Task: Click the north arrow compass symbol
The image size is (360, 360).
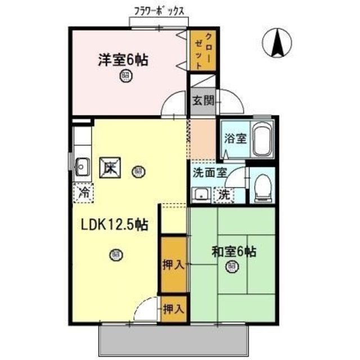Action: (x=277, y=42)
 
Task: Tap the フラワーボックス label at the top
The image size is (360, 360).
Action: (x=160, y=11)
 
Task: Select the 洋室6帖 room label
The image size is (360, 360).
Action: (x=124, y=60)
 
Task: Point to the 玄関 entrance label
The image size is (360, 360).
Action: (x=202, y=101)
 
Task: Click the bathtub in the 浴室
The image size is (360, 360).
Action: (x=262, y=140)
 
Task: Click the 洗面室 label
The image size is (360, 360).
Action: (x=209, y=173)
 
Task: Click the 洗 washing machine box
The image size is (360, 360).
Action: (x=223, y=195)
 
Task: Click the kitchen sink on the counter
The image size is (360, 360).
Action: (x=82, y=166)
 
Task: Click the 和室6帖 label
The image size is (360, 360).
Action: (x=233, y=251)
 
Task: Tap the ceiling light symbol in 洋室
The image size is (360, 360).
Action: (x=125, y=76)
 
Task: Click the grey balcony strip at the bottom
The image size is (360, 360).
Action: (x=174, y=339)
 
